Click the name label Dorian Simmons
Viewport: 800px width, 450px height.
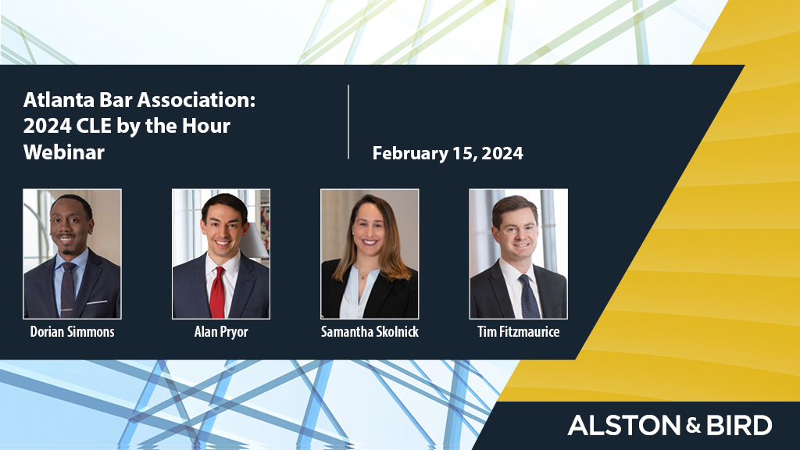click(x=72, y=332)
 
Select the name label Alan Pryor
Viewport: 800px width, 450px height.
click(x=221, y=332)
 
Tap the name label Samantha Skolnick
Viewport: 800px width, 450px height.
click(x=370, y=332)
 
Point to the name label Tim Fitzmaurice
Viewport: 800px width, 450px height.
click(x=518, y=332)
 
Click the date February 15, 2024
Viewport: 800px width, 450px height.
click(x=448, y=154)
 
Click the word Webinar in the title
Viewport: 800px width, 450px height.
click(x=64, y=152)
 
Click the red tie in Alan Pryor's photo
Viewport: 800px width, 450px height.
click(x=217, y=293)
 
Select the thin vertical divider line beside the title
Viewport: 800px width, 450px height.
click(x=348, y=122)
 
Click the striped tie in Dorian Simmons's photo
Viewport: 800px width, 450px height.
click(x=68, y=289)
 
